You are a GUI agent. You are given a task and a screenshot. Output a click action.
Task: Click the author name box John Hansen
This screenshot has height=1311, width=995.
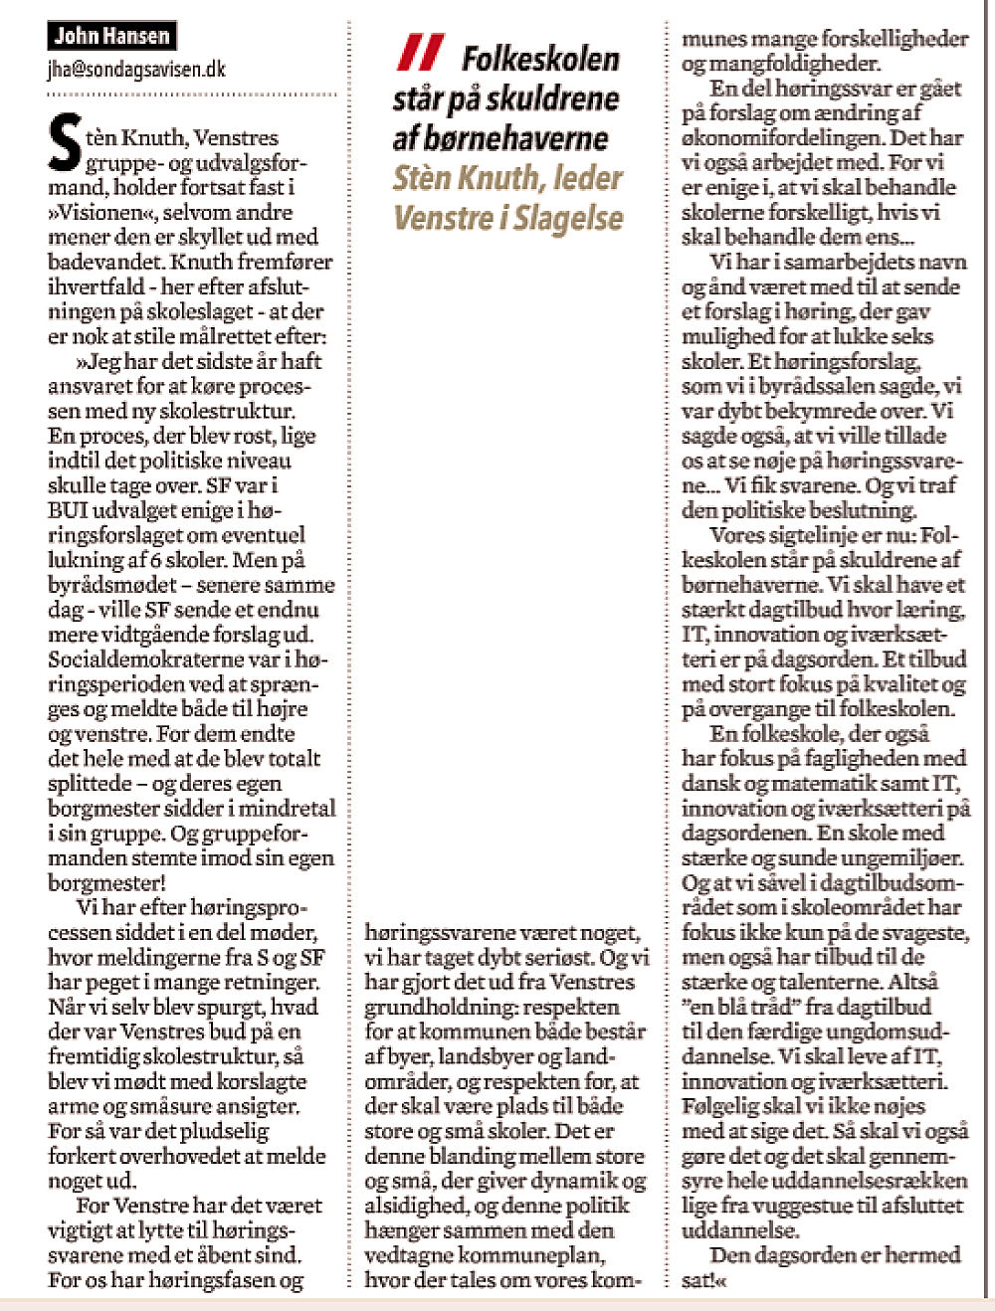click(x=111, y=37)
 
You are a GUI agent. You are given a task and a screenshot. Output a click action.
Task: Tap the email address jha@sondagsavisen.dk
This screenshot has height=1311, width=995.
click(x=136, y=69)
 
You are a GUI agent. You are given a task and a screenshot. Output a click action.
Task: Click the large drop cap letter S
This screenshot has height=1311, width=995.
click(x=65, y=145)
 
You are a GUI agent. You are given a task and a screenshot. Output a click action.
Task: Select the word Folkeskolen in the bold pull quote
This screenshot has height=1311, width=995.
click(x=540, y=60)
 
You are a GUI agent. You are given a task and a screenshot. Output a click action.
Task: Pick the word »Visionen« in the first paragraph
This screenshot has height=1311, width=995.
click(x=101, y=212)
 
